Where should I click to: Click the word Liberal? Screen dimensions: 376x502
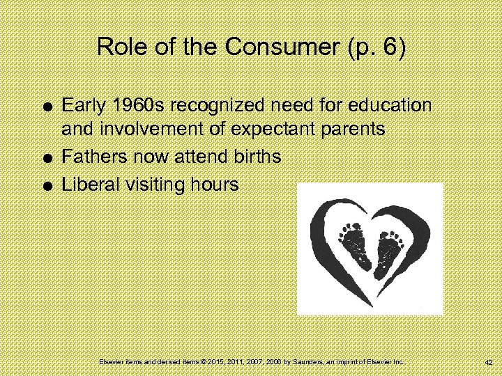tap(89, 185)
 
